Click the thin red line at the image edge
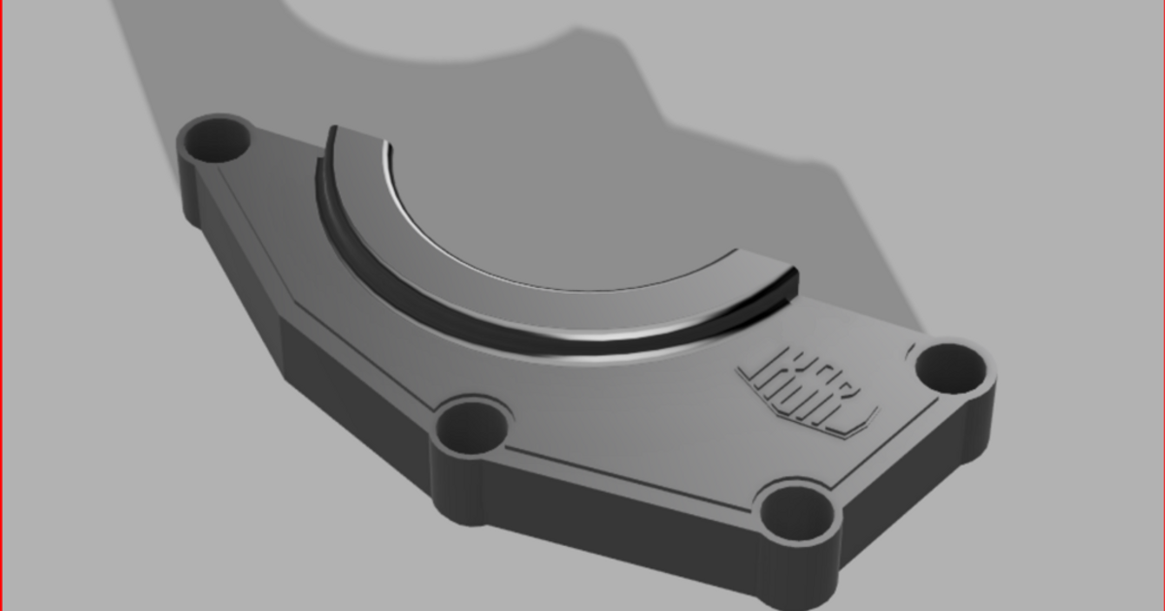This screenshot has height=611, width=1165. tap(1, 305)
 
